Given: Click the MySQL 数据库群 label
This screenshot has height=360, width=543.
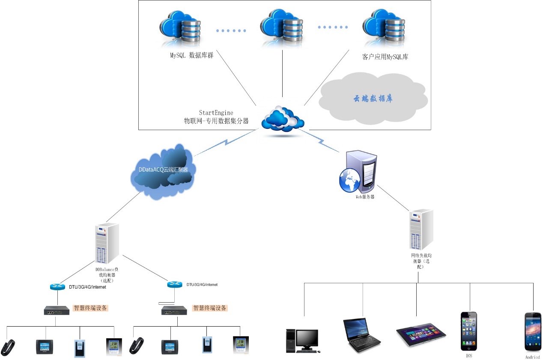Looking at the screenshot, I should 191,55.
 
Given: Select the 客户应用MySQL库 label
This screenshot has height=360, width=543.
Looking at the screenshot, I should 385,56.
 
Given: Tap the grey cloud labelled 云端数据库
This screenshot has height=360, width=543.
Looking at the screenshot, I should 373,98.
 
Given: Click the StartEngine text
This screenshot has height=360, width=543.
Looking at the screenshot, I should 216,113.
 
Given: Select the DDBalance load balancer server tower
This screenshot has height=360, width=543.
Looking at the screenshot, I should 106,243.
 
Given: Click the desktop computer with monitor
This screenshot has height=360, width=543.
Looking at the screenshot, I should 301,341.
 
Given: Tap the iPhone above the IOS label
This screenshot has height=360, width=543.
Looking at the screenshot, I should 469,331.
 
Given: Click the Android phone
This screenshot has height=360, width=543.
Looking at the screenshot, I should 532,332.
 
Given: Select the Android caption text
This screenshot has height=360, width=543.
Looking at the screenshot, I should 532,357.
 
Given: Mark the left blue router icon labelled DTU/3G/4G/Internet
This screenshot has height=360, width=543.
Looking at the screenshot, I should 57,287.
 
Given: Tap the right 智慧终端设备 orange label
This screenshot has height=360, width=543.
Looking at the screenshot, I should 210,308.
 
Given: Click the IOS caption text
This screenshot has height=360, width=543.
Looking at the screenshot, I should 469,355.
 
